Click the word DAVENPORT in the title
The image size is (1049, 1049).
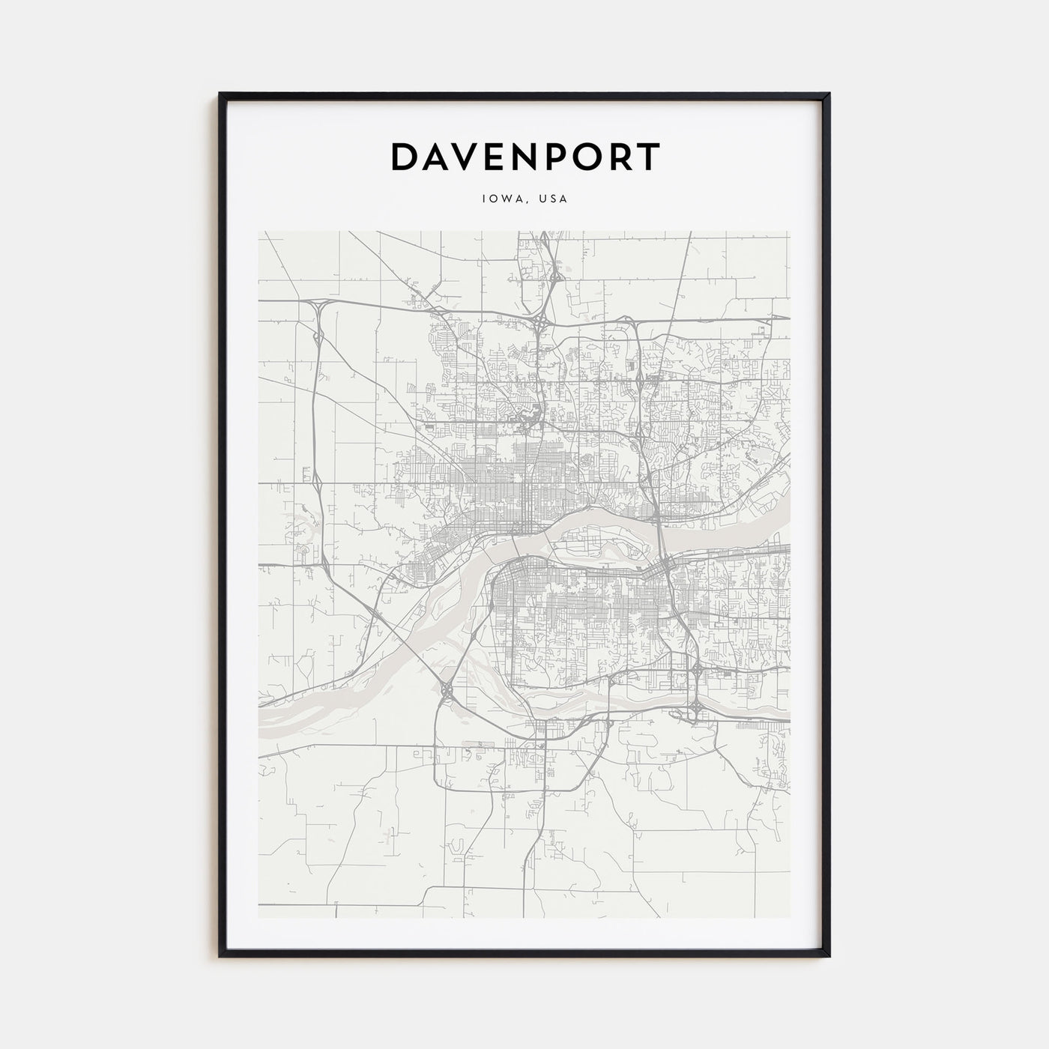[524, 157]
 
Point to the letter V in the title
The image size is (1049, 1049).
[473, 157]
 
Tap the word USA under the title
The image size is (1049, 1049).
[554, 199]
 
